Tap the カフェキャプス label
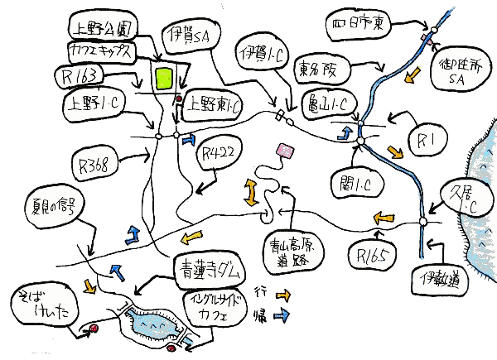tap(100, 52)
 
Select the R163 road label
tap(80, 78)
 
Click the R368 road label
tap(100, 158)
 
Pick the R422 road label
tap(218, 152)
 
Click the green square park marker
tap(163, 78)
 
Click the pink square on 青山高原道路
tap(287, 150)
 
